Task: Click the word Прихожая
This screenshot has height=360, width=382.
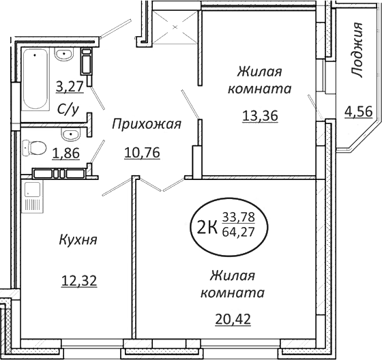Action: point(146,124)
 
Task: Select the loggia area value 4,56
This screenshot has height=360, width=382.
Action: point(358,111)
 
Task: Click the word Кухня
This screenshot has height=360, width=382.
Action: point(76,240)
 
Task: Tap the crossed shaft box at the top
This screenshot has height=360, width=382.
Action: point(175,27)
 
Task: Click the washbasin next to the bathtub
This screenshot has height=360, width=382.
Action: point(65,54)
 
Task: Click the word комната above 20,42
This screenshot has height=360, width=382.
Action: point(232,293)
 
